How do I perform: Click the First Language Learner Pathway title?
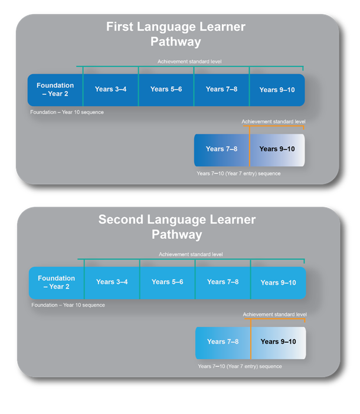point(176,34)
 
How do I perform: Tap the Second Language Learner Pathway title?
point(177,227)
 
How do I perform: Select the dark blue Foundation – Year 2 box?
point(55,90)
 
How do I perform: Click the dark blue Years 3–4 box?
point(111,90)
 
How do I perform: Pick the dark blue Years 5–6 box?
point(166,90)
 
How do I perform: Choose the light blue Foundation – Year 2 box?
point(57,282)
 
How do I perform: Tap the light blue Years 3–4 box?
point(112,282)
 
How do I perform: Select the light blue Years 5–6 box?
point(168,282)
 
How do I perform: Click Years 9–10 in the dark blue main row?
point(277,90)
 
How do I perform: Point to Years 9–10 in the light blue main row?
point(279,282)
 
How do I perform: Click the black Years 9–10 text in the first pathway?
point(277,149)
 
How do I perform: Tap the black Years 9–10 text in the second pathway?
point(279,341)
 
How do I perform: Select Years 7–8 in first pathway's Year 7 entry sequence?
point(221,149)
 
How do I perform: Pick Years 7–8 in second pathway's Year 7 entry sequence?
point(223,341)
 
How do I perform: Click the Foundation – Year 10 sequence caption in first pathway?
point(67,112)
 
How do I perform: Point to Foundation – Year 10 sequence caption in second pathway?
point(68,305)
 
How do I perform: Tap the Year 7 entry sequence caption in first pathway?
point(238,173)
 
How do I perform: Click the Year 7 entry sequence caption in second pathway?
point(240,366)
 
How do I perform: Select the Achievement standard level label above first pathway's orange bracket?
point(273,121)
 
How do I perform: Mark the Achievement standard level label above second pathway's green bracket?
point(191,254)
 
